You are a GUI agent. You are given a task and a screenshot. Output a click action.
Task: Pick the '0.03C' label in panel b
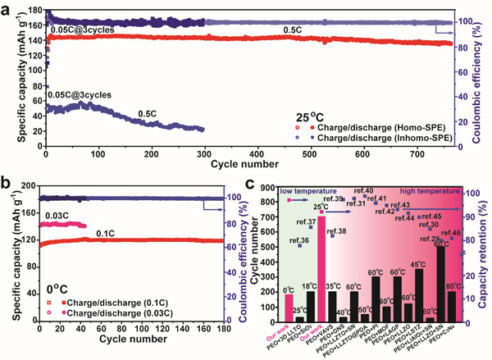coord(57,216)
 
